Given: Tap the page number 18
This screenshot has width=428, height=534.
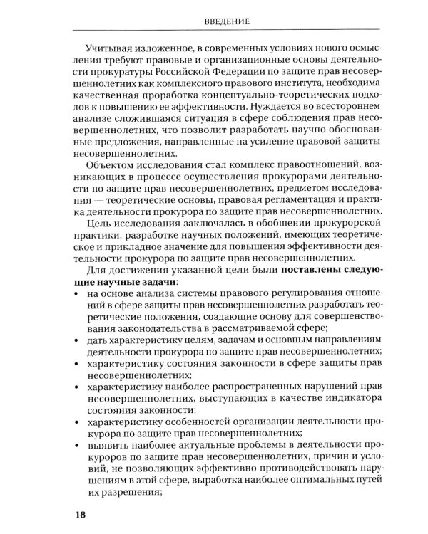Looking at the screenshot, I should pos(74,514).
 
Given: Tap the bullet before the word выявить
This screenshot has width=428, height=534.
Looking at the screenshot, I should pos(76,442).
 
